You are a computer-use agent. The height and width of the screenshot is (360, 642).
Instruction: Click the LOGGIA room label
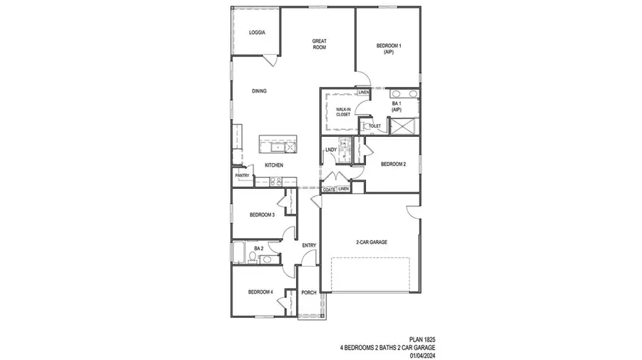click(x=258, y=33)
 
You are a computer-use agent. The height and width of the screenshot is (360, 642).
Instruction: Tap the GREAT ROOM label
click(x=319, y=44)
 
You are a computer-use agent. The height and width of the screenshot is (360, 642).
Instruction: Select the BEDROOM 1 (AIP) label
click(x=389, y=48)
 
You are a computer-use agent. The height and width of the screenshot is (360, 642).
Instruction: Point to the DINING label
click(x=259, y=91)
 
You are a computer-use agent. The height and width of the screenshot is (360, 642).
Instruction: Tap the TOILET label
click(x=374, y=126)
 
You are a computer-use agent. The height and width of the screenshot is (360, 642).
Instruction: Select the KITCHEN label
click(x=274, y=165)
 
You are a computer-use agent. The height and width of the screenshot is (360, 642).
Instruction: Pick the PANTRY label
click(x=242, y=175)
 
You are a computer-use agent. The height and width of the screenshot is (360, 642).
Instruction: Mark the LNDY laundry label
click(x=330, y=150)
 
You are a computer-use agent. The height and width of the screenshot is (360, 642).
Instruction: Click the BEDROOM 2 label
click(x=393, y=164)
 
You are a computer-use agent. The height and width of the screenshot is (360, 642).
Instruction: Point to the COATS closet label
click(x=329, y=190)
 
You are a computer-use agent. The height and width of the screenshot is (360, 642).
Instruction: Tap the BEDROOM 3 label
click(x=262, y=215)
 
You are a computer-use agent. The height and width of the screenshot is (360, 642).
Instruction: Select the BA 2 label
click(x=259, y=248)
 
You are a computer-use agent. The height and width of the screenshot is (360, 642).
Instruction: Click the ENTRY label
click(x=309, y=246)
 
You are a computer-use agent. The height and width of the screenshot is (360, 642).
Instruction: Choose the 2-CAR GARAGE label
click(x=371, y=242)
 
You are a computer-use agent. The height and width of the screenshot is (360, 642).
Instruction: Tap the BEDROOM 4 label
click(x=260, y=292)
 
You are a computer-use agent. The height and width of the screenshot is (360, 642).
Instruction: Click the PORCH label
click(x=309, y=292)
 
